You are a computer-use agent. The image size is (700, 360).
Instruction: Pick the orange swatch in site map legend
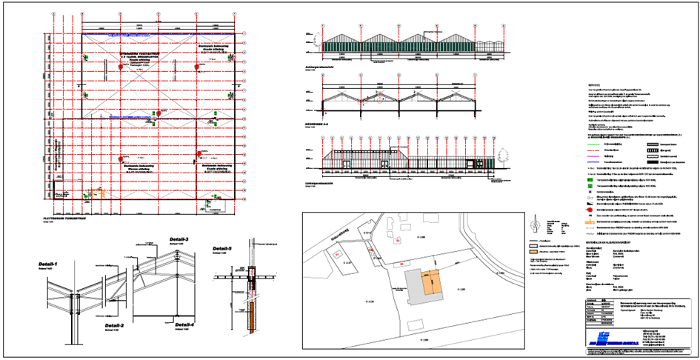click(533, 253)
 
